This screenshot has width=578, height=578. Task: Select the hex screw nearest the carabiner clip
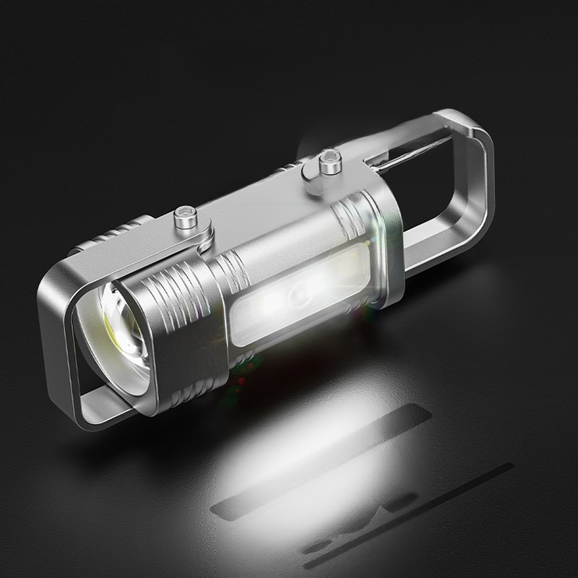click(x=329, y=160)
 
